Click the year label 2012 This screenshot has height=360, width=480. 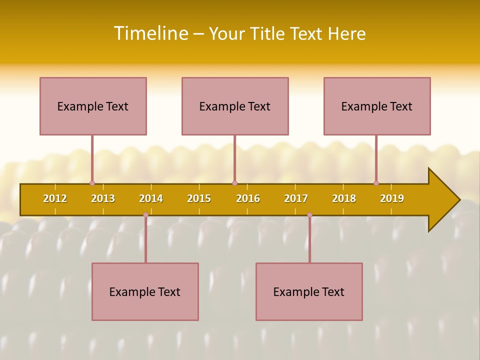pos(55,198)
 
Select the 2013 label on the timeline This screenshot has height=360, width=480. pos(103,198)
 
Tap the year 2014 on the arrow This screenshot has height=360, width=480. pos(151,198)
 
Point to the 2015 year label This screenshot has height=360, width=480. pos(199,198)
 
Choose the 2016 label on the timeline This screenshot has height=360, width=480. pos(248,198)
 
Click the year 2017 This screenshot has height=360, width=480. pos(296,198)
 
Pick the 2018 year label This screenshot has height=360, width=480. pos(344,198)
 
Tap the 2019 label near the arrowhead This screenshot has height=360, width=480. pos(392,198)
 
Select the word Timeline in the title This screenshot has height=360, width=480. pos(150,33)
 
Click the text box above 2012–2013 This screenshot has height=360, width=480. pos(93,106)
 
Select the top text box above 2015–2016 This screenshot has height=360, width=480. pos(235,106)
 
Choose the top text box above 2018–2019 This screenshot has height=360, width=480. pos(377,106)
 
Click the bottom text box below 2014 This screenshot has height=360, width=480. pos(145,291)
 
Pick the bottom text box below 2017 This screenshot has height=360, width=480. pos(309,291)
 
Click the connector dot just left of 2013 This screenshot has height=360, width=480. pos(92,183)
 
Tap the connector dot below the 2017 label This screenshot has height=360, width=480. pos(309,215)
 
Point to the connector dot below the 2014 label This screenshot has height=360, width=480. pos(145,215)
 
